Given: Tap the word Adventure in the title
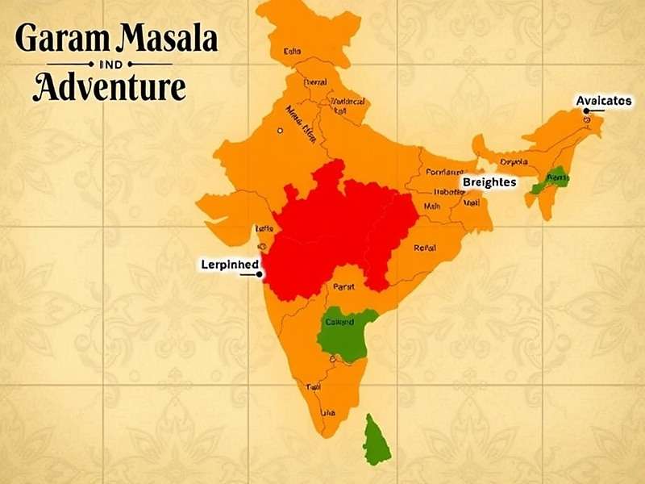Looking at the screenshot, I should point(109,87).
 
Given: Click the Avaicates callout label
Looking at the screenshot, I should point(603,101).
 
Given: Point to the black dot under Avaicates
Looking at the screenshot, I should point(587,120).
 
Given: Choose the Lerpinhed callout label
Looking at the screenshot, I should point(229,264).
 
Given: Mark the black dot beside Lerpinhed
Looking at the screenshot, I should point(260,274).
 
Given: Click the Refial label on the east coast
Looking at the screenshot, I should point(425,248).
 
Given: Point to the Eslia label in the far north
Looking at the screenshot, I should point(292,52).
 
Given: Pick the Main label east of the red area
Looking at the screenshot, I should point(433,207).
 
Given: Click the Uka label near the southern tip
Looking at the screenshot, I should point(328,414).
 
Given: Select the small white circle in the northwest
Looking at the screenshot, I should point(280,130).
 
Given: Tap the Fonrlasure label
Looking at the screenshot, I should point(445,172).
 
